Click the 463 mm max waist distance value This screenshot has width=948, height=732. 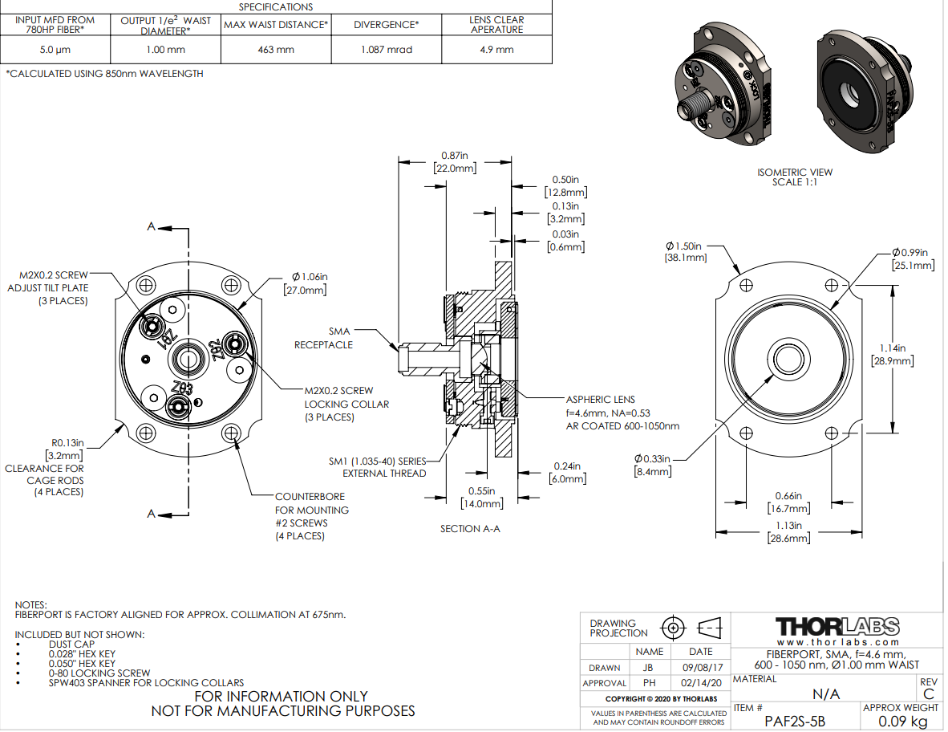coord(275,50)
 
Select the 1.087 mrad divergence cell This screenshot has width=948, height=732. coord(387,50)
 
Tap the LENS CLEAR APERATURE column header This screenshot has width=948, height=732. coord(496,24)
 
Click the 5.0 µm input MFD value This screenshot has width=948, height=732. coord(55,50)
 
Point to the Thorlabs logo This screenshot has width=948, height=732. coord(837,626)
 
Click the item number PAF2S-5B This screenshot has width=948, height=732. coord(795,722)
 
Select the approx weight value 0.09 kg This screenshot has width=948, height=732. coord(901,722)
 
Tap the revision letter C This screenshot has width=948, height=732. coord(929,693)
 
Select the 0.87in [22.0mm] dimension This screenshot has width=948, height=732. coord(455,161)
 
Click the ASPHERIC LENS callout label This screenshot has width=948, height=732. coord(601,400)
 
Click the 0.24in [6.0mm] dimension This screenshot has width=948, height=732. coord(565,472)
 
